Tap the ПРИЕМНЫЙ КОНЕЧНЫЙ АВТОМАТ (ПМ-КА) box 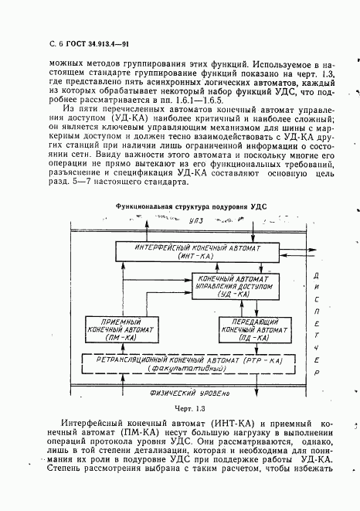coord(121,329)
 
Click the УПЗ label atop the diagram coord(199,221)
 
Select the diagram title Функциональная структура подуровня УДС coord(185,207)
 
